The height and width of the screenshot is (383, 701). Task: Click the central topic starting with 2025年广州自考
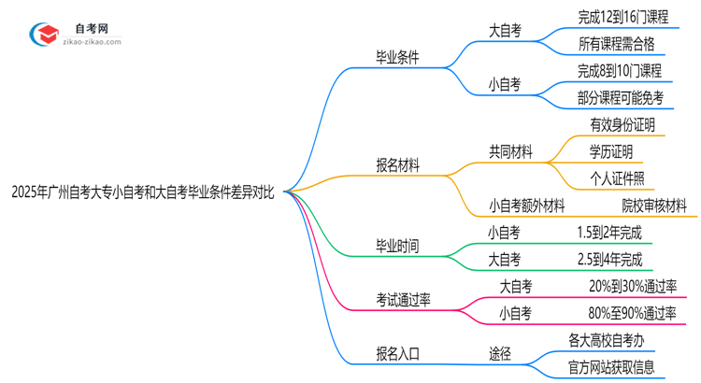point(142,192)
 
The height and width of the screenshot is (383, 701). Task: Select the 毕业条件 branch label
point(397,57)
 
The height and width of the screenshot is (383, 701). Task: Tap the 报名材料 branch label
point(397,165)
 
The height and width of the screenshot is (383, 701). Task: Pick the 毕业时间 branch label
point(397,247)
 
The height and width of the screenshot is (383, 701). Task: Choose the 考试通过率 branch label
point(404,300)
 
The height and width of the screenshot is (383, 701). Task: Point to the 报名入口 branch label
point(397,353)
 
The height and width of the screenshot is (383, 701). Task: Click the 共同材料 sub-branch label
point(510,152)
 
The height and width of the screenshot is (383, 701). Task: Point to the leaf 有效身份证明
point(622,125)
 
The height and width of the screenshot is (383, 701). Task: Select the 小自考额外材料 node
point(526,206)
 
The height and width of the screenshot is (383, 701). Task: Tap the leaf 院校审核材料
point(654,206)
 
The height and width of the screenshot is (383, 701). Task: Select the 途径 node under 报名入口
point(500,353)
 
